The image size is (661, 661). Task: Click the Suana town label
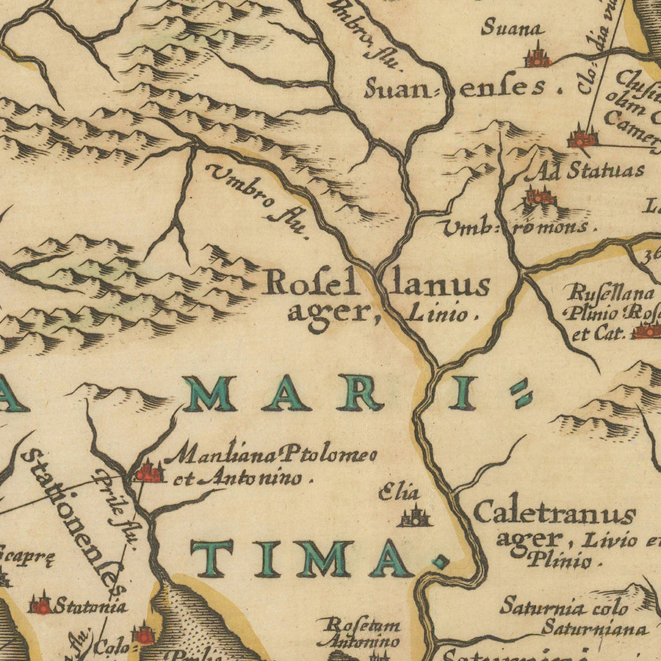pos(512,29)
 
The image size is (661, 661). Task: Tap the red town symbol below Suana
pos(538,57)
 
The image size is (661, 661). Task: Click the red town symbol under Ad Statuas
pos(540,196)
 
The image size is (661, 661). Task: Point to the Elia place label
pos(399,493)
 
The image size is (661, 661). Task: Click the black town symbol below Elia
pos(414,517)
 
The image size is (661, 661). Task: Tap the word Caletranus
pos(555,513)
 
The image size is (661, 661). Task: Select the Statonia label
pos(91,607)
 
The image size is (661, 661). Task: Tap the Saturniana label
pos(595,629)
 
